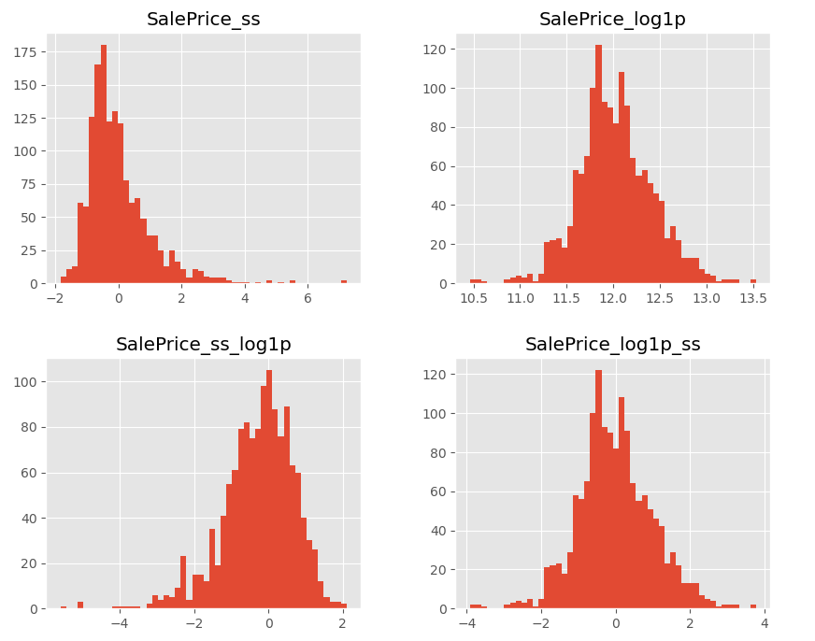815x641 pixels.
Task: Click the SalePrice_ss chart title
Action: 203,20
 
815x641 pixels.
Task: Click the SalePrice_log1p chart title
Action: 612,20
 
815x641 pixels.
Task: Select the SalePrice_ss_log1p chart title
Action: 203,345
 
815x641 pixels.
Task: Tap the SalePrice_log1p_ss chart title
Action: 612,345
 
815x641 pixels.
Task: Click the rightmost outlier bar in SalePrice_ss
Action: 344,281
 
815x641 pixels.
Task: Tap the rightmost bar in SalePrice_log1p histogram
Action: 753,281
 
